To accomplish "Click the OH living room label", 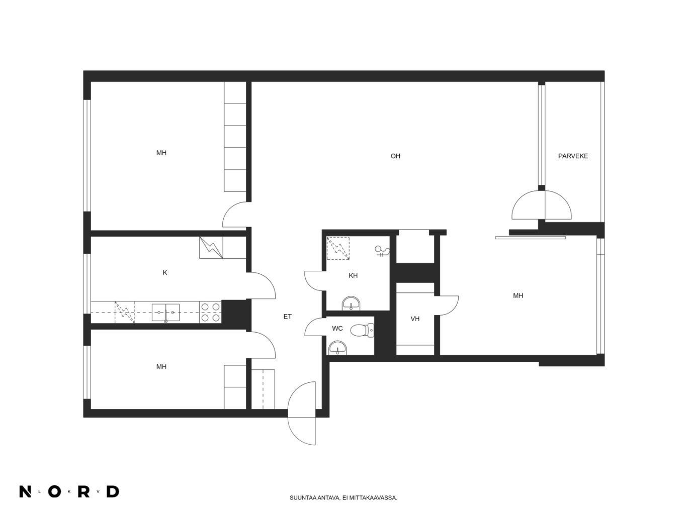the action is tap(395, 156).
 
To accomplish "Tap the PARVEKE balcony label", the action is tap(573, 156).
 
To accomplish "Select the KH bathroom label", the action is tap(353, 275).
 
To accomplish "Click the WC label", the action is tap(337, 328).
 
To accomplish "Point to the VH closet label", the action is tap(415, 319).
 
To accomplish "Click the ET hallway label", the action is tap(288, 317).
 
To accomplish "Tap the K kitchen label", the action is tap(165, 273).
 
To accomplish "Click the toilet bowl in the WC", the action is tap(362, 331).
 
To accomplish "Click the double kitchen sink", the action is tap(165, 313).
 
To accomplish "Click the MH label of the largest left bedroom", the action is tap(161, 153).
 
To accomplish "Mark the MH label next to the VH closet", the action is tap(518, 295).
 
